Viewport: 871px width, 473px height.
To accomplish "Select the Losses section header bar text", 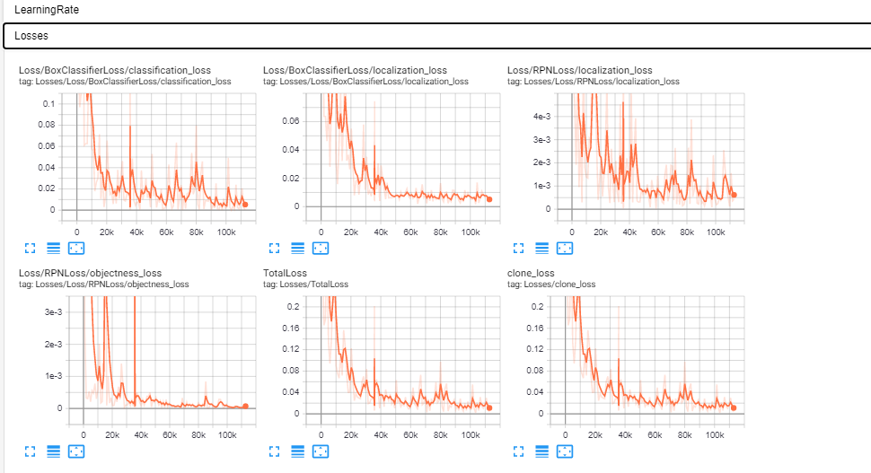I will pos(31,36).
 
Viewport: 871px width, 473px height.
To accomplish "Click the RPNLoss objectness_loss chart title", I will pos(90,273).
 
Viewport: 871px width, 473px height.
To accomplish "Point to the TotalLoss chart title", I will pos(285,273).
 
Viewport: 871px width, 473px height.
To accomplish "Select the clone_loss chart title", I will pos(531,273).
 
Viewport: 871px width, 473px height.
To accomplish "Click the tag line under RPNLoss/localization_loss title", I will pos(593,82).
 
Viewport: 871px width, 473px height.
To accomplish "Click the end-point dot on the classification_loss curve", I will pos(245,205).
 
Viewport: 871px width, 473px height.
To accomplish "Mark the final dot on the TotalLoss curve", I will pos(489,407).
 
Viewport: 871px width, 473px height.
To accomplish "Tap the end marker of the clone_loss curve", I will pos(734,407).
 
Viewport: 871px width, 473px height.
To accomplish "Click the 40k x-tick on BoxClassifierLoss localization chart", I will pos(381,232).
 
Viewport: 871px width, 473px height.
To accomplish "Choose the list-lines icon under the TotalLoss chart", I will pos(297,451).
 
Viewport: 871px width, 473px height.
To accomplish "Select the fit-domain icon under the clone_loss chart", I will pos(564,451).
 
